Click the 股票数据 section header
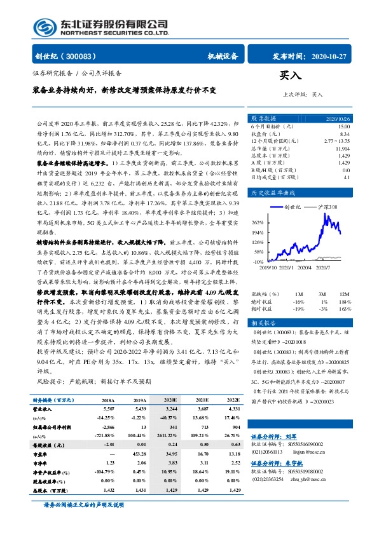[x=263, y=119]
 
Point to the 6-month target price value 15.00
[x=343, y=126]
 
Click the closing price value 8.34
[x=345, y=133]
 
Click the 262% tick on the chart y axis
[x=258, y=223]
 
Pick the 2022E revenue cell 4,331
[x=232, y=409]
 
